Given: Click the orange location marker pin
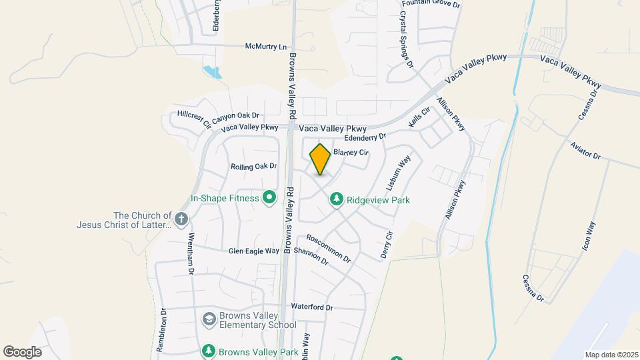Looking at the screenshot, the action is (x=320, y=159).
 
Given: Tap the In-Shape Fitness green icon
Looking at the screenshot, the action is (x=269, y=197).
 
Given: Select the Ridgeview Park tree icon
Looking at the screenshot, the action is (x=337, y=199).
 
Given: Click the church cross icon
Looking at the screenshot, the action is (x=181, y=218).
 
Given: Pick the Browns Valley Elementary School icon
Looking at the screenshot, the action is (x=209, y=319).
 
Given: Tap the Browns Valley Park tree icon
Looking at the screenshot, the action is (x=209, y=351).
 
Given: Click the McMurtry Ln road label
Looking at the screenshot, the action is (x=265, y=47).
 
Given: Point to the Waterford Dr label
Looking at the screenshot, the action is (x=311, y=307).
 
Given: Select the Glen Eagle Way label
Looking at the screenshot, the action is (x=253, y=251).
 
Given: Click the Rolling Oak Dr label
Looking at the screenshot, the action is (x=253, y=166).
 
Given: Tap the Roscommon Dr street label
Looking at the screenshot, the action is (x=328, y=248).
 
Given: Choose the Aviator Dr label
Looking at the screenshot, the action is (x=587, y=151).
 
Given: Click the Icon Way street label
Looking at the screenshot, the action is (x=590, y=236).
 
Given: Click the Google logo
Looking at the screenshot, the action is (x=22, y=352).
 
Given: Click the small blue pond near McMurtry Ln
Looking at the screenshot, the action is (x=211, y=71).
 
